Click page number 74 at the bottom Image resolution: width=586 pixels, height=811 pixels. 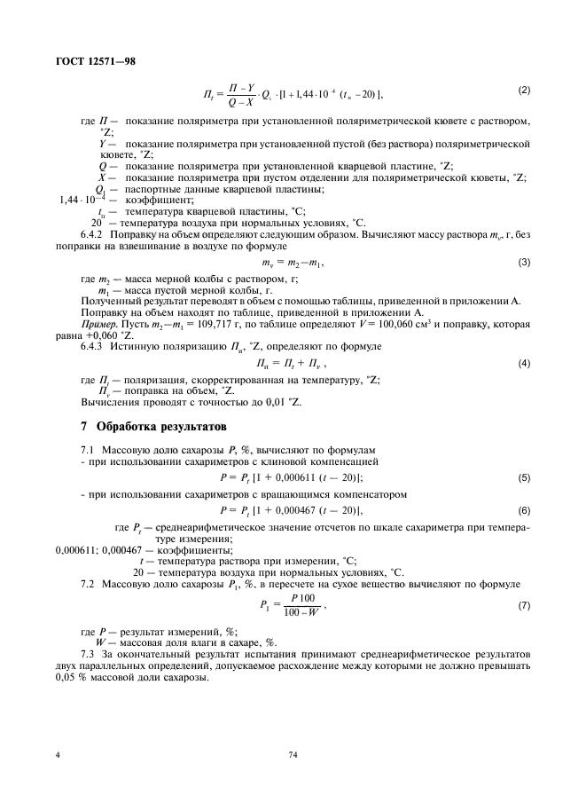coord(292,754)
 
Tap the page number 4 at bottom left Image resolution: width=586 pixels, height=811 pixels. coord(57,754)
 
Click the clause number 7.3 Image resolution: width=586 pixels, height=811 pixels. coord(88,653)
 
